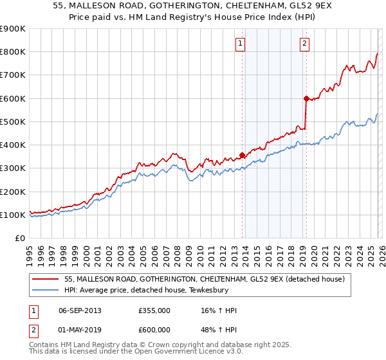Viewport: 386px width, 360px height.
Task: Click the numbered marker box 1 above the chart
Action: (240, 44)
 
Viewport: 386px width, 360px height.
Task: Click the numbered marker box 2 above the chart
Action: (304, 44)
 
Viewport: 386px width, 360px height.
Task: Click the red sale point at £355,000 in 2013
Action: (242, 155)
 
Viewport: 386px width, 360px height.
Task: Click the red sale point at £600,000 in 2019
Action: (306, 98)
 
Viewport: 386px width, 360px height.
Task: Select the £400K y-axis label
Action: (13, 145)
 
